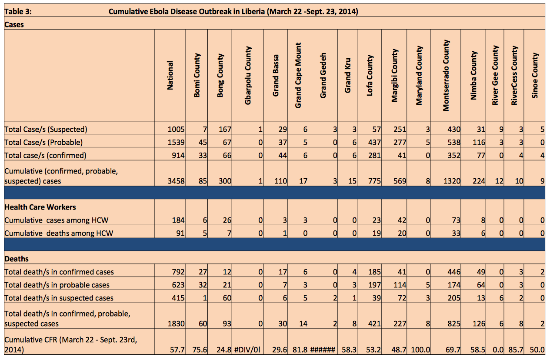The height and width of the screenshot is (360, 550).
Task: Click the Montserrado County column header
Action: click(446, 75)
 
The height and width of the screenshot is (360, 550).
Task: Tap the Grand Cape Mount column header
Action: click(298, 75)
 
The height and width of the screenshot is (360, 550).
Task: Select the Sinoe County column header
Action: click(535, 75)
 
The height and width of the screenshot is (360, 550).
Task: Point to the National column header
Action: click(170, 75)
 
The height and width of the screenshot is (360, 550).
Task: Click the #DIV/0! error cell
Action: click(247, 350)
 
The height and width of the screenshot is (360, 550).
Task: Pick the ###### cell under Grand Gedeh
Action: click(323, 350)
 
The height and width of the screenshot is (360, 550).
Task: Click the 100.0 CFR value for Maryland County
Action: click(420, 350)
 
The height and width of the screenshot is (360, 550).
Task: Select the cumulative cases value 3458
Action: click(176, 181)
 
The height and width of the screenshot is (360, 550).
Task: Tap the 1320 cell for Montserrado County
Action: click(452, 181)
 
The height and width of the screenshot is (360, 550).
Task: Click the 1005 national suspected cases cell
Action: click(176, 129)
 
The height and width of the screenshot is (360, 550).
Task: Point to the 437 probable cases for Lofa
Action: click(374, 142)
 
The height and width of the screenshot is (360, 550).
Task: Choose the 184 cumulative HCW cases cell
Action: click(178, 220)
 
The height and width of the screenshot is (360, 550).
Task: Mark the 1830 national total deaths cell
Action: click(176, 323)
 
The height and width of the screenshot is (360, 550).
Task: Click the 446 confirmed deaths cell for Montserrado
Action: click(454, 272)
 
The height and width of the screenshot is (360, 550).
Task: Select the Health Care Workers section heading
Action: click(40, 207)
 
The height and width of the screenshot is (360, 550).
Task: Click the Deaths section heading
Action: click(17, 259)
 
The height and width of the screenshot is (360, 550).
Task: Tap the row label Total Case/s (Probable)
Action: click(43, 143)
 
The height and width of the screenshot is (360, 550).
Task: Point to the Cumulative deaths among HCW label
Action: click(59, 233)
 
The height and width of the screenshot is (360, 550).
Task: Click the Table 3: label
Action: click(18, 12)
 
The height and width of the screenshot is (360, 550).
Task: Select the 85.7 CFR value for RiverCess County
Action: click(516, 350)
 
